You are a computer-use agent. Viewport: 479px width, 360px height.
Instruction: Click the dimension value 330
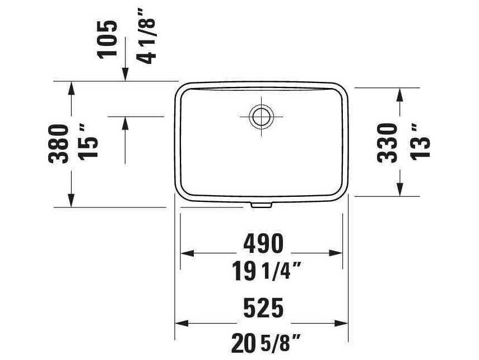click(x=387, y=143)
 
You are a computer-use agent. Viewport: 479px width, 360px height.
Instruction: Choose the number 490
click(x=263, y=243)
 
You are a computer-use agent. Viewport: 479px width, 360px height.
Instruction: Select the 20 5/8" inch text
click(x=263, y=341)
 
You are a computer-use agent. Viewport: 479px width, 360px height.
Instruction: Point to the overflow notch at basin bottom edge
click(x=261, y=205)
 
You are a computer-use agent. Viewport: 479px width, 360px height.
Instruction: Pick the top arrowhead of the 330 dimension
click(x=399, y=94)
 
